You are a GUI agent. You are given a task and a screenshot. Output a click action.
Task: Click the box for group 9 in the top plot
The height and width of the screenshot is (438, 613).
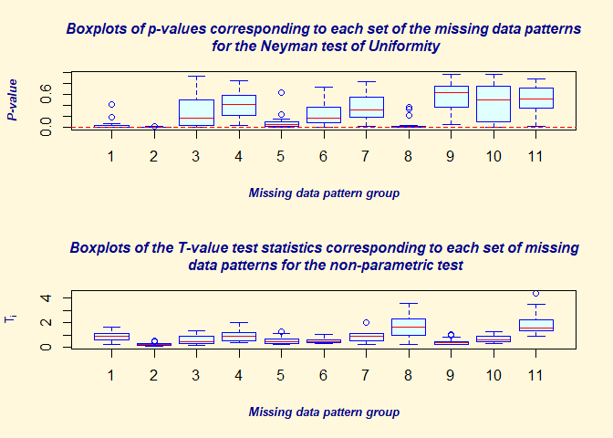pos(451,97)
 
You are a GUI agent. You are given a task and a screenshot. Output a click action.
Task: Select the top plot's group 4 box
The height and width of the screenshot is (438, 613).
pos(238,105)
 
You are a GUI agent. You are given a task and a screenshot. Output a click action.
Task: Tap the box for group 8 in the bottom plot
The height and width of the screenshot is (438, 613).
pos(408,325)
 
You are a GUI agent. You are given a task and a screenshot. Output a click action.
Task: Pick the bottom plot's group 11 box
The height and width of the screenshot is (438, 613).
pos(535,325)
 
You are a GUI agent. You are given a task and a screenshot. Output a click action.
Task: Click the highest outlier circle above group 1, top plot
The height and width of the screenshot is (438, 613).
pos(111,105)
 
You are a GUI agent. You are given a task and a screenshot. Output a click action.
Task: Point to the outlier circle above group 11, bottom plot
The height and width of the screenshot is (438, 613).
pos(535,294)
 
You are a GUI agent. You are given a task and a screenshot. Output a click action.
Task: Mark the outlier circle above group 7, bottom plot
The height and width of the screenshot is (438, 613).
pos(366,322)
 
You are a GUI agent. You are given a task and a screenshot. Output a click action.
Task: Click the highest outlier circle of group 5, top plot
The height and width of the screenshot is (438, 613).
pos(281,92)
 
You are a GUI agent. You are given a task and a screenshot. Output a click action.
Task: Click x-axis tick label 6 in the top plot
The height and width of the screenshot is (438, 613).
pos(323,156)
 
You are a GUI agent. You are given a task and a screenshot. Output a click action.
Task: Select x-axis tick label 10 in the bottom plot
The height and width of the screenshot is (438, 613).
pos(493,375)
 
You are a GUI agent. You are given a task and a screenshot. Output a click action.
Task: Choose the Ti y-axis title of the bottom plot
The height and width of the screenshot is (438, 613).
pos(12,318)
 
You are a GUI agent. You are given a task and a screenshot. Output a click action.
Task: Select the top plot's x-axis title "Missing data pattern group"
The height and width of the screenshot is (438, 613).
pos(323,193)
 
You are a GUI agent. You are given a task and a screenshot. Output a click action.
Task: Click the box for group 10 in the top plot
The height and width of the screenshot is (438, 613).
pos(493,103)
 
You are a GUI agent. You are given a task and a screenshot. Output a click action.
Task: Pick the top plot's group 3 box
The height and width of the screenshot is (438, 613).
pos(196,111)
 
